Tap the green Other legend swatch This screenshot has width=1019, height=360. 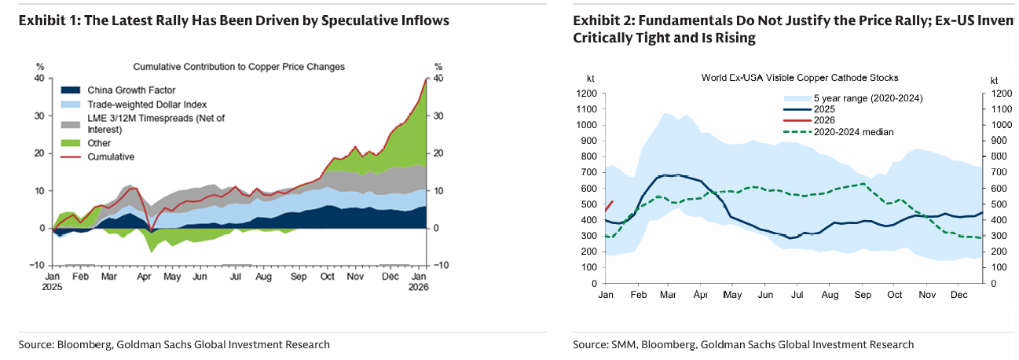(71, 143)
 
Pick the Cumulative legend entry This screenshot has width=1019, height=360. (111, 156)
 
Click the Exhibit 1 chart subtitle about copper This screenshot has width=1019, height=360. (239, 67)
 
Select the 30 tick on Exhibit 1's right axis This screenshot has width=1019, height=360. (439, 116)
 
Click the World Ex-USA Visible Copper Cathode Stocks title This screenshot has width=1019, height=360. (800, 78)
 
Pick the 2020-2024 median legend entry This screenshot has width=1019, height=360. (852, 132)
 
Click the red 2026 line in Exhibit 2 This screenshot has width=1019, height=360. (609, 207)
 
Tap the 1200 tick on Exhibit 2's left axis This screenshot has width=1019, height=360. (587, 94)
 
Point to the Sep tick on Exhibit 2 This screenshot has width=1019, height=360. (860, 295)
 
